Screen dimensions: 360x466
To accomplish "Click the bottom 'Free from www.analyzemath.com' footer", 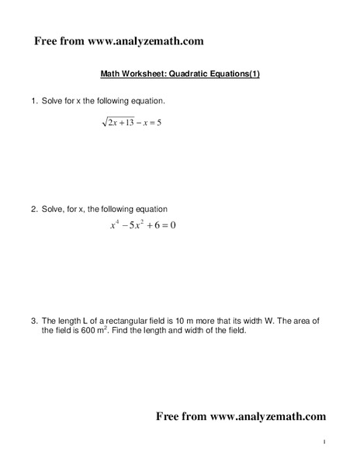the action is pos(241,416).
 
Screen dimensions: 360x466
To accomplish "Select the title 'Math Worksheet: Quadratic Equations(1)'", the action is pos(180,75).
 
